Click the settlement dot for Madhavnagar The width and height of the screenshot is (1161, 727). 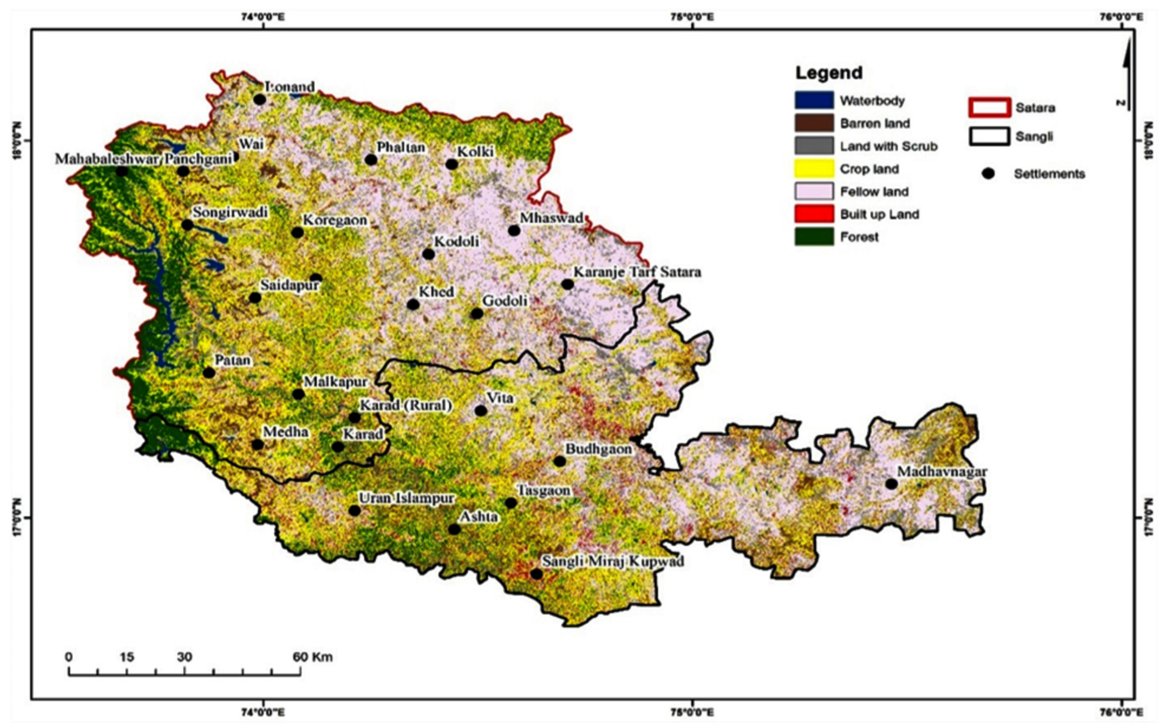[891, 484]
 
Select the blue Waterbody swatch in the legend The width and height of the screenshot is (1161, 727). [814, 100]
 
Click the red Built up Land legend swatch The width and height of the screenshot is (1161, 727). [814, 213]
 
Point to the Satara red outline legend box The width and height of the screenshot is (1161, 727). [989, 107]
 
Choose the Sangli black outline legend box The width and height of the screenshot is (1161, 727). [989, 136]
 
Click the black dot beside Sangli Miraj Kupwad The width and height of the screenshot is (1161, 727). [536, 574]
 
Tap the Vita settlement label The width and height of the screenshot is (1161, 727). [500, 398]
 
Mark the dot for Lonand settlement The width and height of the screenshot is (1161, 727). [260, 99]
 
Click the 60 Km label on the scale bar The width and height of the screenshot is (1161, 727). [313, 657]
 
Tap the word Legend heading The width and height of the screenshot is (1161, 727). [829, 73]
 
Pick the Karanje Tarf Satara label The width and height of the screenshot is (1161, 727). [637, 272]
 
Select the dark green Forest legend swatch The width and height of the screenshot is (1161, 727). [814, 237]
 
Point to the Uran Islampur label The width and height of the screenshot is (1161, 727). [407, 498]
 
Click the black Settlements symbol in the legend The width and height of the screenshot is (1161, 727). [988, 174]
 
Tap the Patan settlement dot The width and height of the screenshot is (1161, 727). [209, 372]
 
